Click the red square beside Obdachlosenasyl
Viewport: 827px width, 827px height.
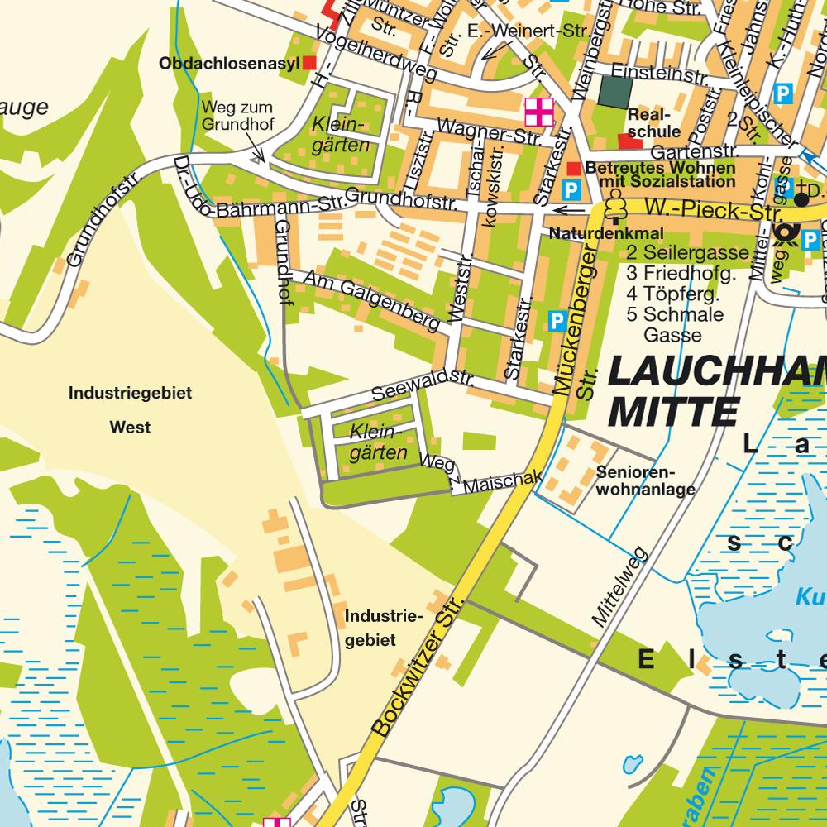coord(309,63)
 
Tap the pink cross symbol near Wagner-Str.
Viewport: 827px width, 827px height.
coord(538,112)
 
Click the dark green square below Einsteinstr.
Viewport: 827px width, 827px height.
coord(614,92)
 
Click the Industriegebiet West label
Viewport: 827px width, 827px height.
coord(130,410)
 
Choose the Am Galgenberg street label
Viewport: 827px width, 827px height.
coord(371,302)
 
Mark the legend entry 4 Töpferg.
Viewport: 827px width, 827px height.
coord(672,294)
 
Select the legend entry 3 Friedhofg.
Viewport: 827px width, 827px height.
coord(681,273)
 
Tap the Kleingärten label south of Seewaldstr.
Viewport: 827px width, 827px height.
coord(378,442)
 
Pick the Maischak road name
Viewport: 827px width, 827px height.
coord(502,482)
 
